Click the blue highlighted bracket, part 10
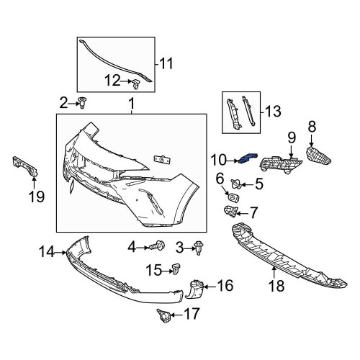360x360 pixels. pyautogui.click(x=248, y=158)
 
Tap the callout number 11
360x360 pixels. pyautogui.click(x=166, y=64)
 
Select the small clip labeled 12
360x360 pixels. pyautogui.click(x=136, y=84)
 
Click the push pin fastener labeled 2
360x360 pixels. pyautogui.click(x=83, y=103)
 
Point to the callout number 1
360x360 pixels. pyautogui.click(x=132, y=104)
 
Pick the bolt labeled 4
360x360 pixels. pyautogui.click(x=157, y=246)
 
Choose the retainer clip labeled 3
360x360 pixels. pyautogui.click(x=199, y=248)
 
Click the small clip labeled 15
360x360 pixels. pyautogui.click(x=176, y=269)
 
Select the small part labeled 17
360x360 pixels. pyautogui.click(x=163, y=315)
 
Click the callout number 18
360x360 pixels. pyautogui.click(x=276, y=286)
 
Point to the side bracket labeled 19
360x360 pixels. pyautogui.click(x=25, y=166)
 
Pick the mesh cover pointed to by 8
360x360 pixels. pyautogui.click(x=318, y=156)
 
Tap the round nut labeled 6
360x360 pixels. pyautogui.click(x=233, y=197)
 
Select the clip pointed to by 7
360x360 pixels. pyautogui.click(x=231, y=211)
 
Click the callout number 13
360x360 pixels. pyautogui.click(x=274, y=112)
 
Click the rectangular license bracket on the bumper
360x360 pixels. pyautogui.click(x=162, y=160)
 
